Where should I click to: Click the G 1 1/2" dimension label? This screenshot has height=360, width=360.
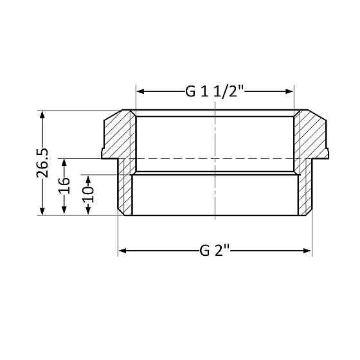(215, 91)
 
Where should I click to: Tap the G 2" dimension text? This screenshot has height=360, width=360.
(215, 251)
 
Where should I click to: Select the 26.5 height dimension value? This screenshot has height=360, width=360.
(42, 163)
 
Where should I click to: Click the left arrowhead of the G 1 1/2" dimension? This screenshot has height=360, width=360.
(139, 91)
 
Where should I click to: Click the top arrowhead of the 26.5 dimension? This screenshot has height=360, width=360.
(42, 114)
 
